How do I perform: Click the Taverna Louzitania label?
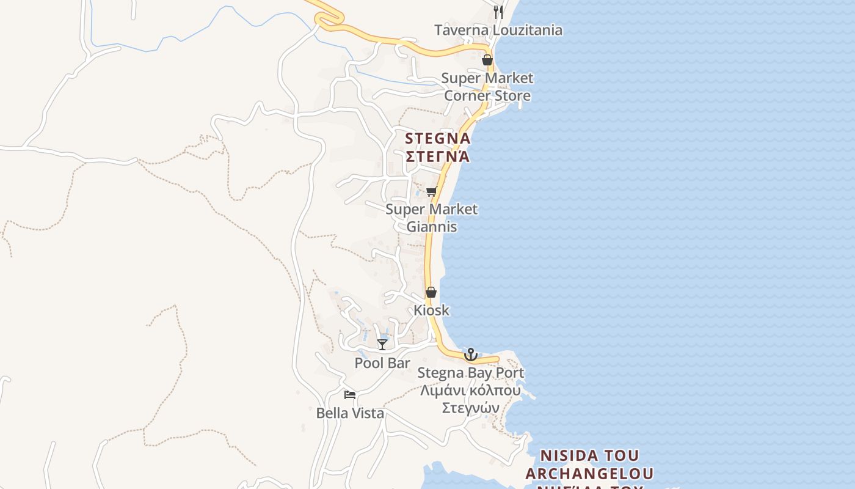coord(498,30)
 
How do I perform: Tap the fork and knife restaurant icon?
coord(498,12)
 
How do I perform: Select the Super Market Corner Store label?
coord(487,87)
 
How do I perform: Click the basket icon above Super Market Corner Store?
coord(487,60)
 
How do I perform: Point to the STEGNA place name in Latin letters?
coord(438,139)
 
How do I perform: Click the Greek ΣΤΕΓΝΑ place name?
coord(438,156)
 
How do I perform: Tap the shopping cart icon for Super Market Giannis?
coord(432,191)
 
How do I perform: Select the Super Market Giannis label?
coord(432,218)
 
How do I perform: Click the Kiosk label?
coord(431,310)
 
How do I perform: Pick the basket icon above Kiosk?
coord(431,292)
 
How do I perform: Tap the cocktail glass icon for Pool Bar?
coord(382,345)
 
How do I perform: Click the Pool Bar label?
coord(382,363)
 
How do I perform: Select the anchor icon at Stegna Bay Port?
coord(470,355)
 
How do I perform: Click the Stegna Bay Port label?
coord(470,373)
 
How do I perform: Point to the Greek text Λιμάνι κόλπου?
coord(470,391)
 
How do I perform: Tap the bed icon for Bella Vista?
coord(350,395)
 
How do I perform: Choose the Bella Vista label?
coord(350,413)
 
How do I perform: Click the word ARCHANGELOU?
coord(589,474)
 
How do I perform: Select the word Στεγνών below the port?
coord(470,408)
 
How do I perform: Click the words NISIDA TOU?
coord(589,456)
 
